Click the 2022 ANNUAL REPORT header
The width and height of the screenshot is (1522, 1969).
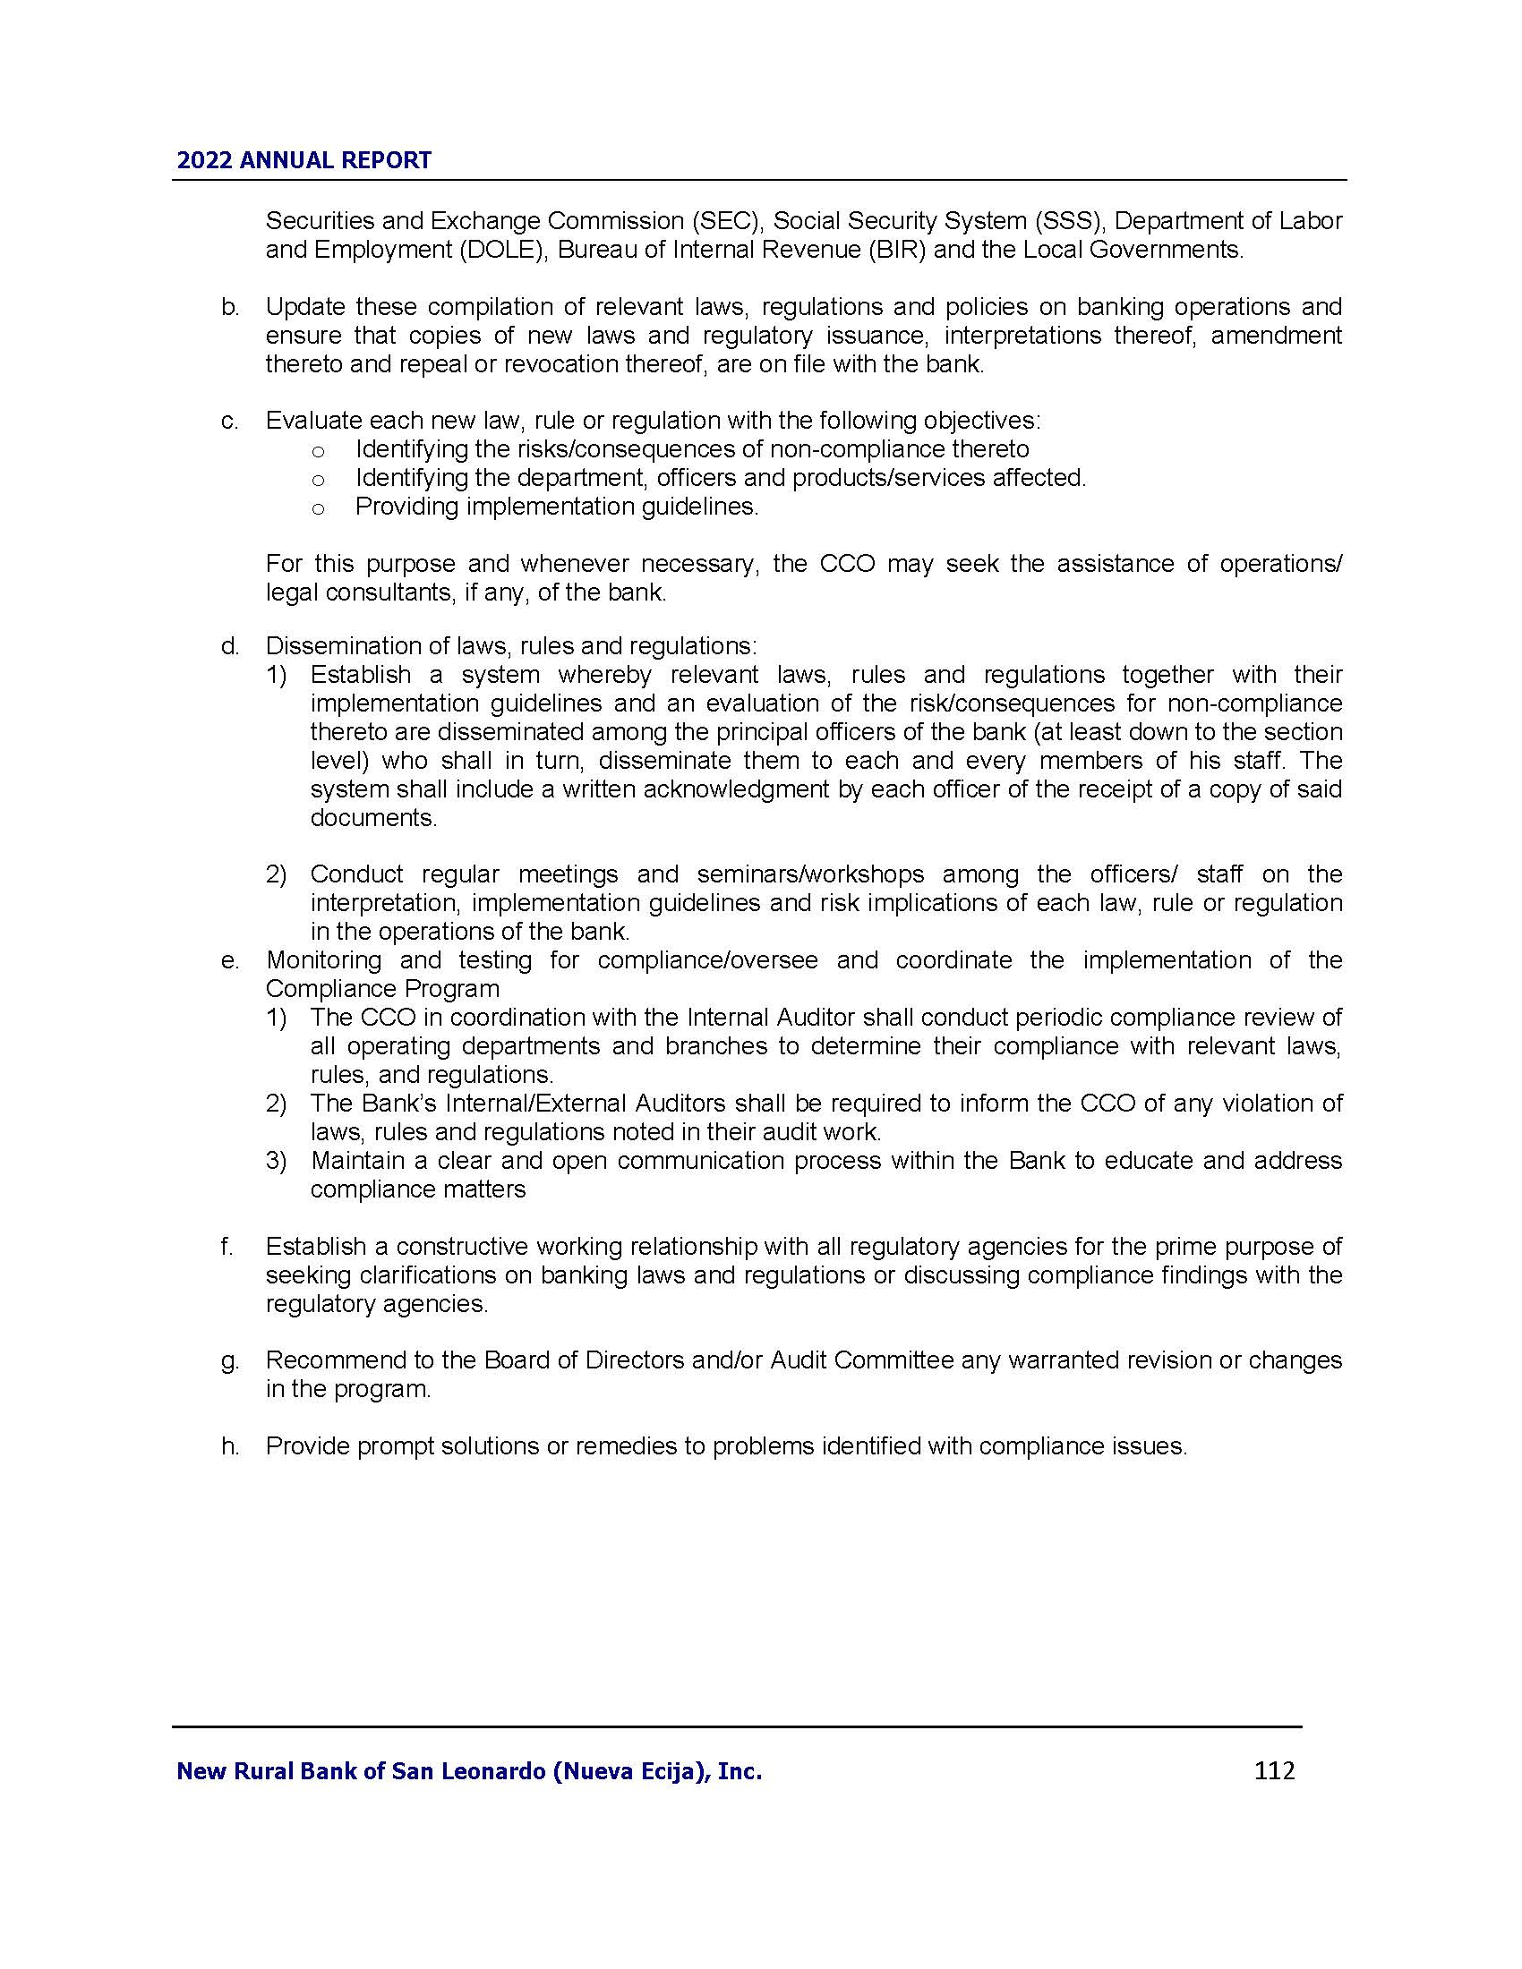coord(304,160)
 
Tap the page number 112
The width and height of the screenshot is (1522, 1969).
coord(1274,1770)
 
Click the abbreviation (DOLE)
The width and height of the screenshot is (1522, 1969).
coord(503,250)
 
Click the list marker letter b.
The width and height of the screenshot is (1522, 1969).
coord(230,307)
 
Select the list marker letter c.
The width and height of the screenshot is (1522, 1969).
coord(230,421)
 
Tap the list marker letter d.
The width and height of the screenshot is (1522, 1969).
coord(230,646)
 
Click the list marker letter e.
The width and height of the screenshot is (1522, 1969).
coord(230,961)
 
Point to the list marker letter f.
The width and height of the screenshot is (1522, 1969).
coord(227,1247)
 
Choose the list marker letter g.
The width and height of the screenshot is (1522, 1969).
coord(230,1361)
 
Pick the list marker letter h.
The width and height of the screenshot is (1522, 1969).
coord(230,1447)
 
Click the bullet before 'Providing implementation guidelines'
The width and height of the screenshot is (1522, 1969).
coord(318,508)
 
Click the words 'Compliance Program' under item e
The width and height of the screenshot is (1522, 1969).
coord(382,989)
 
